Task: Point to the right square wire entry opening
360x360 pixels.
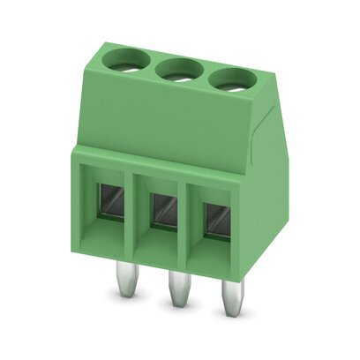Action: click(215, 223)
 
